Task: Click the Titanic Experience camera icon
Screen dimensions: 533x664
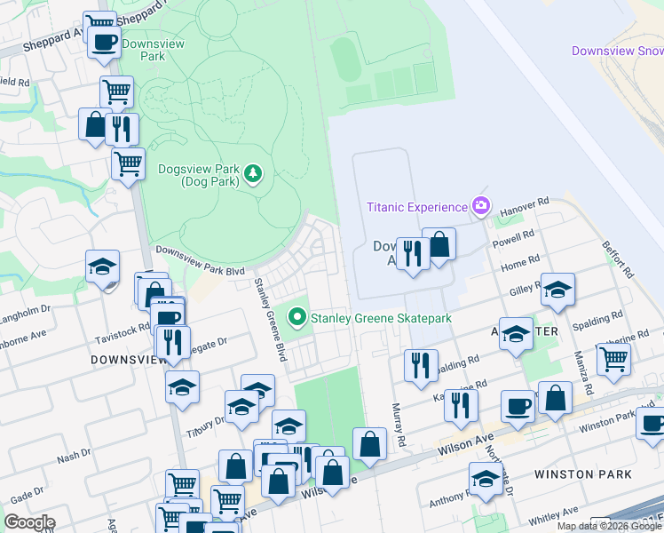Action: click(x=480, y=207)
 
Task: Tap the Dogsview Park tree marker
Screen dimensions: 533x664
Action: click(x=254, y=172)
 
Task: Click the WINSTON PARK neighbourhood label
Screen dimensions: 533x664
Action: click(x=583, y=474)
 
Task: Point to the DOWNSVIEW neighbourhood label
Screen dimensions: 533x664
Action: click(x=130, y=359)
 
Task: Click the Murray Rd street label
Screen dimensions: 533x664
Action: click(x=399, y=425)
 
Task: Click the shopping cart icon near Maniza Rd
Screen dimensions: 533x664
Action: click(x=613, y=357)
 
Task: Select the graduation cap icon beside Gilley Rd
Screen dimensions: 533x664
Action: click(x=557, y=289)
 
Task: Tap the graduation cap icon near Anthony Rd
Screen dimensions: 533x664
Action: click(x=485, y=478)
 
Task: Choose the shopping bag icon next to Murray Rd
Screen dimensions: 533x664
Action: click(x=369, y=443)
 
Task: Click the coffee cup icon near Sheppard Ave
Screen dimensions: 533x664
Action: click(x=104, y=41)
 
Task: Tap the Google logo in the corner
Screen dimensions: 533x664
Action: click(x=29, y=522)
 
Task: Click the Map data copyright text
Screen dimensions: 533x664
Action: click(x=610, y=526)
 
